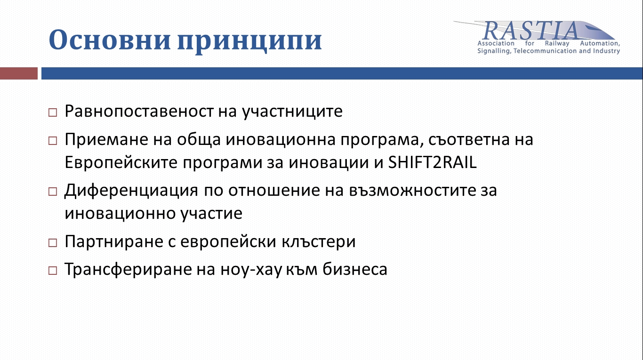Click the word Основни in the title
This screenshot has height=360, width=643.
(110, 40)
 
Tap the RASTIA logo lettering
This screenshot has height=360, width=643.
(530, 31)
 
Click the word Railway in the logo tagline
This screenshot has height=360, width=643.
(557, 43)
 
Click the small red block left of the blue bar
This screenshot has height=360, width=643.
(19, 73)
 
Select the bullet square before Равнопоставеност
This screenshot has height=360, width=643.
(53, 112)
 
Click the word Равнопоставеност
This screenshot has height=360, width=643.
(139, 112)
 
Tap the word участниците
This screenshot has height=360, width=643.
(292, 112)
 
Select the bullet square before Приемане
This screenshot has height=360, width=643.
(53, 141)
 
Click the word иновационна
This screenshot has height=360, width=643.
(281, 140)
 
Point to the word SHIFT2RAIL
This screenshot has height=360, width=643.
(432, 162)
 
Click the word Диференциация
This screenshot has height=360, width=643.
(131, 191)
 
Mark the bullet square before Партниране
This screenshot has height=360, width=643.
(53, 242)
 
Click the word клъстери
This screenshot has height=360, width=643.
(318, 242)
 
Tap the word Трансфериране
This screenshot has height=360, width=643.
(128, 270)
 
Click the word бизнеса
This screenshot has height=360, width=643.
(355, 269)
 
